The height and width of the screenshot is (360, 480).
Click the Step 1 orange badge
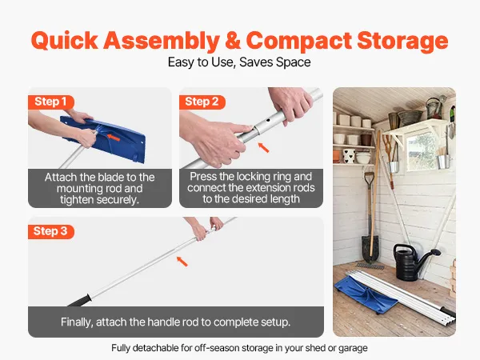[51, 102]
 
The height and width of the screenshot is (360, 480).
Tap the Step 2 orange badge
[202, 102]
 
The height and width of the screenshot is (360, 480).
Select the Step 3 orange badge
[51, 231]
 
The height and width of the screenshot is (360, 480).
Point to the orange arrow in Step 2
[263, 147]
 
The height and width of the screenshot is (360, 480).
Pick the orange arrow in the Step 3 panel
[182, 262]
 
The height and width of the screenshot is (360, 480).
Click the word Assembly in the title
[162, 41]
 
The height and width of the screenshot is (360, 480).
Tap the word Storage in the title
[402, 41]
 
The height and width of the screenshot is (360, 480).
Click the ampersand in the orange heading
[233, 40]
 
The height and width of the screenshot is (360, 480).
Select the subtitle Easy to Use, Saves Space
[239, 62]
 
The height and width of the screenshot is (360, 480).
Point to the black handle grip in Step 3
[79, 301]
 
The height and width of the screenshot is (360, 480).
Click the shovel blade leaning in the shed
[370, 247]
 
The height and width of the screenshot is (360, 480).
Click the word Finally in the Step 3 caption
[77, 322]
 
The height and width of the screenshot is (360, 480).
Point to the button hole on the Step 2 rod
[268, 120]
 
